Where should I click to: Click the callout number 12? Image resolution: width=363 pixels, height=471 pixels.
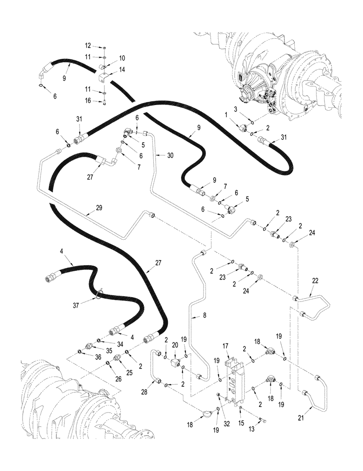tap(88, 46)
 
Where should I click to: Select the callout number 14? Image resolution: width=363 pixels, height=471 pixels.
tap(121, 69)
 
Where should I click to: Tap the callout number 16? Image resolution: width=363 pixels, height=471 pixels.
tap(88, 100)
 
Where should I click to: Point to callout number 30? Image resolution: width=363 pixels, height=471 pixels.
tap(170, 155)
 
